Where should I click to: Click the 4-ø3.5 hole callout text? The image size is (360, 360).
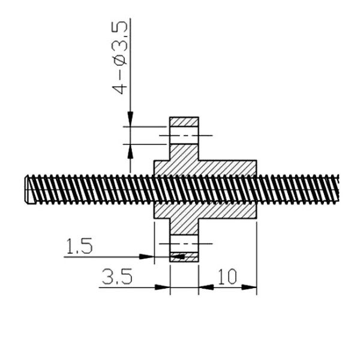[x=119, y=58]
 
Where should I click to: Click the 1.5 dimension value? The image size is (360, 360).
[x=79, y=246]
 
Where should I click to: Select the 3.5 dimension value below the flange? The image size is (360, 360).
[x=117, y=277]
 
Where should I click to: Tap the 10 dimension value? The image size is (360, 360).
[x=227, y=277]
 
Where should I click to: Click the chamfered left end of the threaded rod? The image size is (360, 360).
[x=27, y=189]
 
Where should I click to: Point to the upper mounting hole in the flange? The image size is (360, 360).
[x=184, y=135]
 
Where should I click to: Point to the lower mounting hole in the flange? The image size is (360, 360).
[x=184, y=244]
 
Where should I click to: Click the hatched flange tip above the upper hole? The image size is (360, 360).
[x=184, y=122]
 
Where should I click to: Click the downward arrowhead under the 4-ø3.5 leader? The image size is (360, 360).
[x=130, y=119]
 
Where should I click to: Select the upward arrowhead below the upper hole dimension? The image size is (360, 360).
[x=130, y=152]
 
